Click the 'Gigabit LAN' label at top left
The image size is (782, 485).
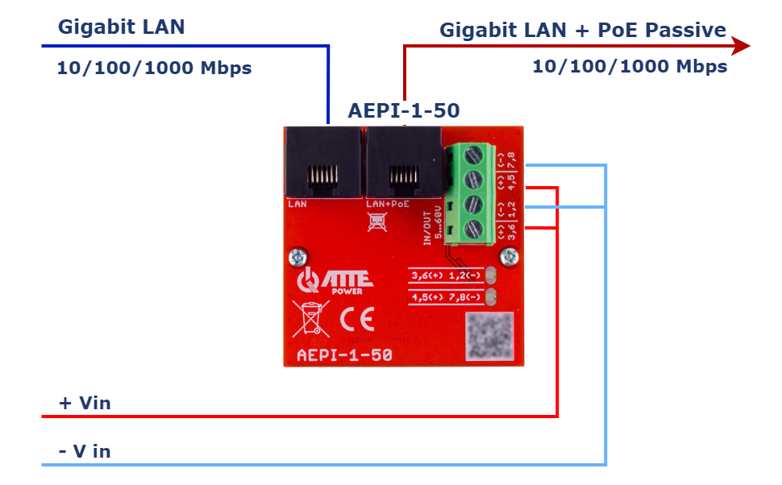tap(122, 27)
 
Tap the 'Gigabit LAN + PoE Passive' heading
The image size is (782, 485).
tap(582, 31)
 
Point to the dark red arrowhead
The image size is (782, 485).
tap(739, 46)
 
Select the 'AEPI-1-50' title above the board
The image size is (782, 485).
tap(403, 110)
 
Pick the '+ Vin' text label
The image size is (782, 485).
tap(85, 403)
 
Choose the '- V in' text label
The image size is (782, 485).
tap(85, 451)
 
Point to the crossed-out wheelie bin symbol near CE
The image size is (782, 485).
tap(310, 317)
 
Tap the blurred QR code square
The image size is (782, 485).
tap(489, 334)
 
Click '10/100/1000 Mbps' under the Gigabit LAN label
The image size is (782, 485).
tap(154, 68)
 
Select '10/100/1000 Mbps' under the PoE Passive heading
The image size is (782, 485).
tap(630, 66)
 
